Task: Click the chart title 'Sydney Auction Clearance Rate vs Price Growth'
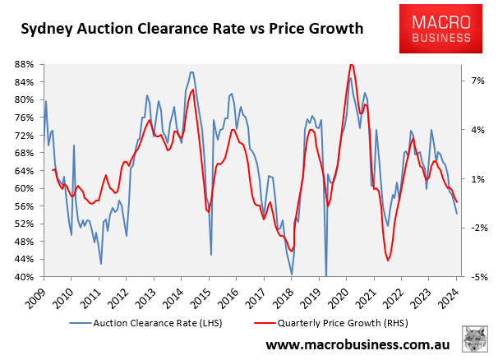(x=191, y=29)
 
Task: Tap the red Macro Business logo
(x=440, y=29)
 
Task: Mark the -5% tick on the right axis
(x=479, y=277)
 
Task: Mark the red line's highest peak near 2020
(x=351, y=64)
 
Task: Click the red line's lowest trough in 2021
(x=388, y=261)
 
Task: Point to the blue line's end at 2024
(x=457, y=214)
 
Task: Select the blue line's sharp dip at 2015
(x=211, y=254)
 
